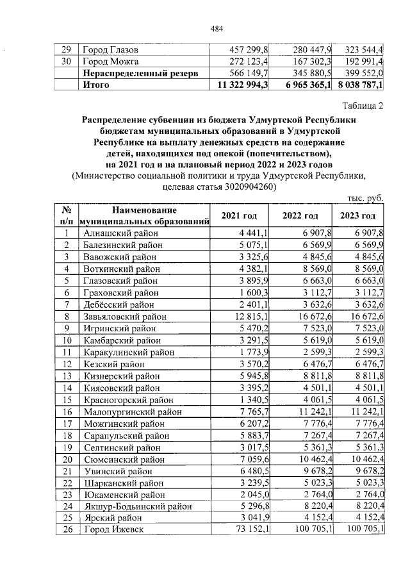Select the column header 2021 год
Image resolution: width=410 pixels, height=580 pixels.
238,216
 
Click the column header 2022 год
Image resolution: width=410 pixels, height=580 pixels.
301,216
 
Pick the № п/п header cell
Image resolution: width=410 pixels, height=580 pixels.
65,216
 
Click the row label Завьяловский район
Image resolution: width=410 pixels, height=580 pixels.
125,317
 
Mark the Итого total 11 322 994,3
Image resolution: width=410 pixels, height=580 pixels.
243,85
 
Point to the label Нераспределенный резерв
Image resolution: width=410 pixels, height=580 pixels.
140,73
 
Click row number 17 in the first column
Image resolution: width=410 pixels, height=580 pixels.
65,423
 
